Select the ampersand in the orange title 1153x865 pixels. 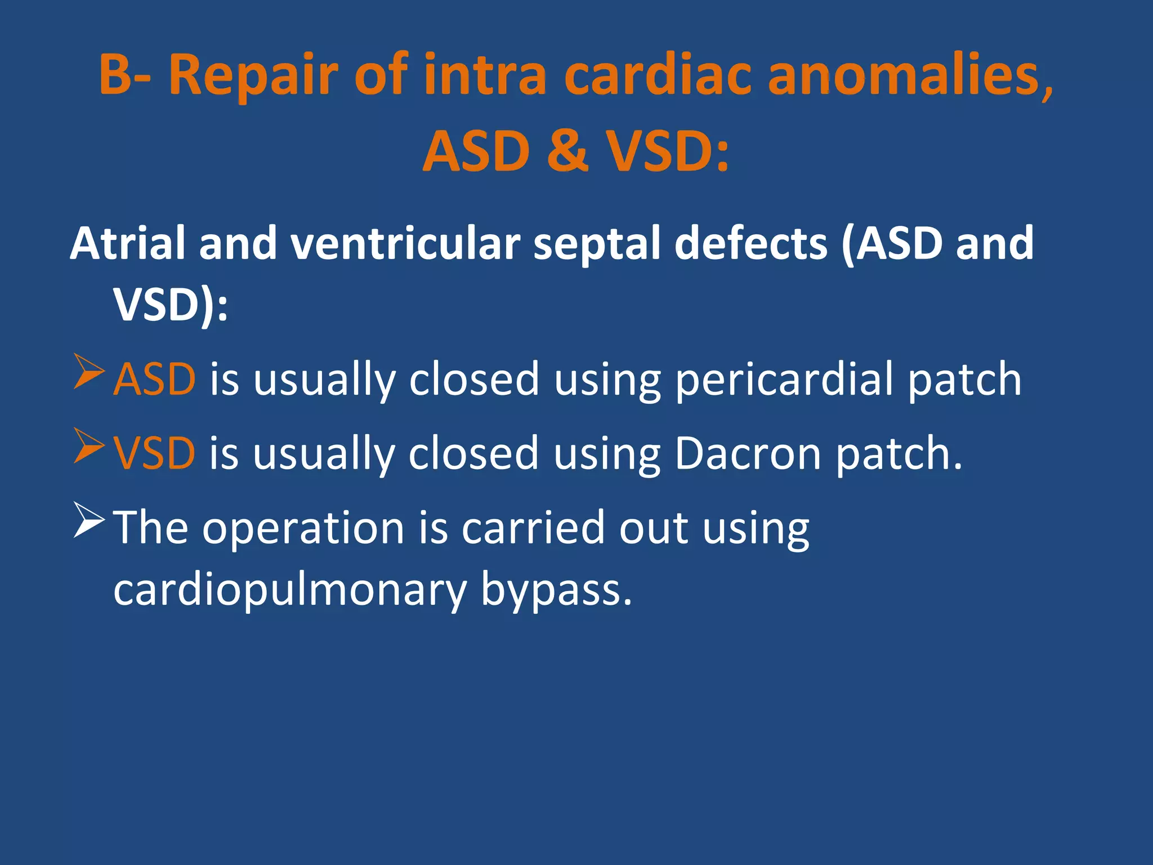point(567,151)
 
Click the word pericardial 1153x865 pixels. point(784,379)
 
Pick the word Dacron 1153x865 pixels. point(748,453)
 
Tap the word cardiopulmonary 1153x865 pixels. point(289,590)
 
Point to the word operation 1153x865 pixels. point(303,528)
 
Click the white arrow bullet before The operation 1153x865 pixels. point(89,520)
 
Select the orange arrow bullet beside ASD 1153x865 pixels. point(89,372)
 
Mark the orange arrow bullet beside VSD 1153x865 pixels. point(89,446)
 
